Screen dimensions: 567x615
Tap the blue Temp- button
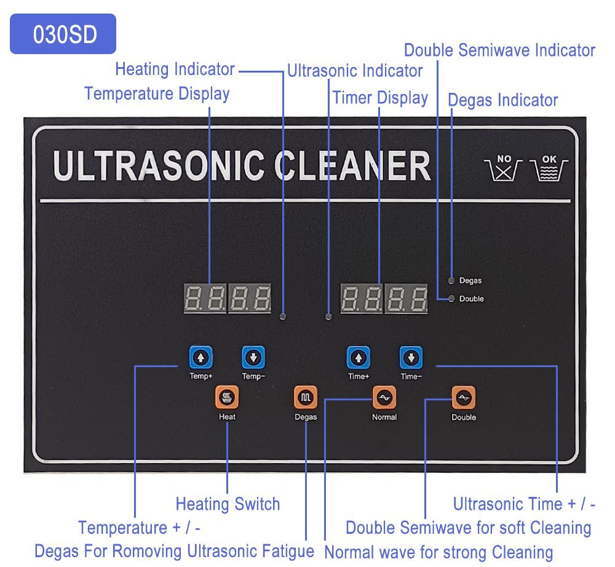point(253,357)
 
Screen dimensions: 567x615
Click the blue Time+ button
point(359,357)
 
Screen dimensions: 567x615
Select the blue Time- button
point(411,357)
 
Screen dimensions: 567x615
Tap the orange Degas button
point(306,398)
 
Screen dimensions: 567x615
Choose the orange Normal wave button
point(384,398)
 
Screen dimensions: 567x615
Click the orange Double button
point(463,398)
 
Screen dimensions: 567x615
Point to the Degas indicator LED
point(452,280)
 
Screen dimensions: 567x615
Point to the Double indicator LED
point(452,299)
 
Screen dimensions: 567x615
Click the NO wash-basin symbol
point(504,167)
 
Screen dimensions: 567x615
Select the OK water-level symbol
point(549,167)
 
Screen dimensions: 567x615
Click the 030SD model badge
point(63,34)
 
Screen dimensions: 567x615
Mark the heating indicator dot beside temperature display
point(283,316)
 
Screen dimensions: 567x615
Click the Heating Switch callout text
point(228,504)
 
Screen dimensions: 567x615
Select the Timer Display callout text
point(380,98)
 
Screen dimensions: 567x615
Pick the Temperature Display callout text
point(157,93)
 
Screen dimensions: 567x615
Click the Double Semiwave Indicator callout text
point(499,50)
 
